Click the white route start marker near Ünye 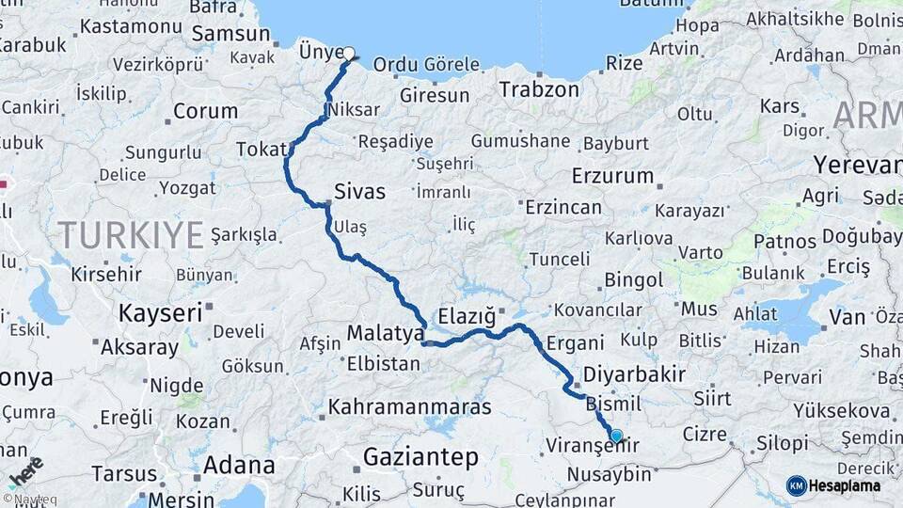click(349, 54)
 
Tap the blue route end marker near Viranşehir click(616, 436)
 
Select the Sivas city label click(360, 192)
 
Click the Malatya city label click(386, 333)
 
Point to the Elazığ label click(466, 314)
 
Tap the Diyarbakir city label click(634, 374)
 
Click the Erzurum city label click(612, 176)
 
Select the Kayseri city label click(160, 312)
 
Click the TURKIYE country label click(131, 234)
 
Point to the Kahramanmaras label click(409, 407)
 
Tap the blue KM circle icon click(797, 485)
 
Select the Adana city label click(239, 465)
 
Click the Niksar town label click(355, 110)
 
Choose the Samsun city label click(230, 34)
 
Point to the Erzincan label click(563, 207)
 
